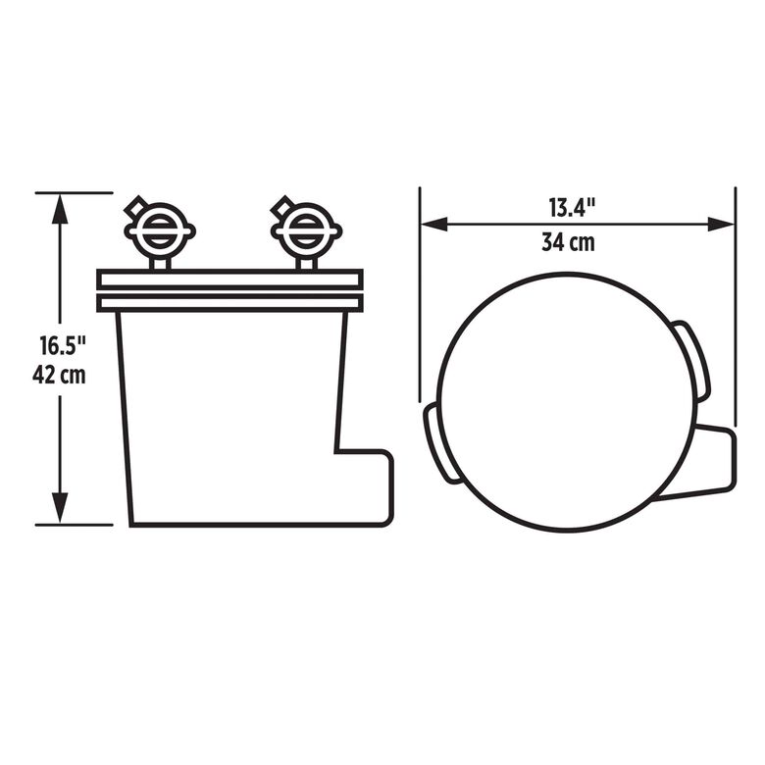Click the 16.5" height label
tap(63, 345)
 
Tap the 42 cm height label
tap(59, 375)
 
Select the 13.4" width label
tap(573, 207)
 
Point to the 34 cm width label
tap(569, 242)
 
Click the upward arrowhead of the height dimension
tap(60, 208)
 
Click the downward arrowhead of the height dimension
tap(60, 508)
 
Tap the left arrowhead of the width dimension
tap(434, 225)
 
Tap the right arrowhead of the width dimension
tap(721, 225)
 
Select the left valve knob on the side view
tap(159, 229)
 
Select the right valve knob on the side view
tap(306, 229)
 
